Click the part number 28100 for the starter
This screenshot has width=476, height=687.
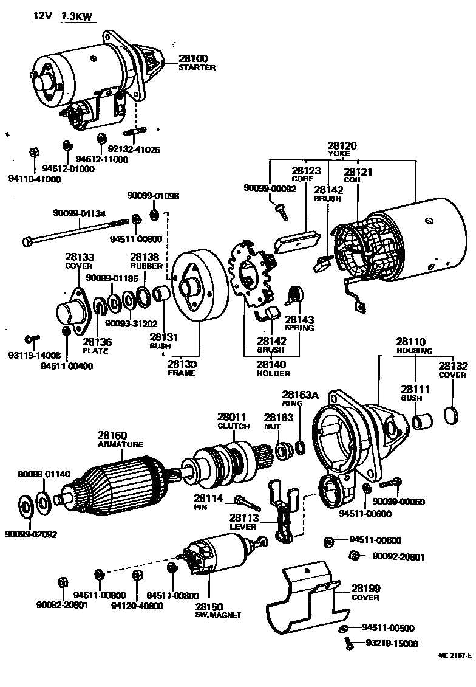[x=193, y=58]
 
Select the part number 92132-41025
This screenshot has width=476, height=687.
[x=135, y=149]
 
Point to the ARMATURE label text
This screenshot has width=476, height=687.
[x=120, y=444]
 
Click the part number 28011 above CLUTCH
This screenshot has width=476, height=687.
[x=233, y=417]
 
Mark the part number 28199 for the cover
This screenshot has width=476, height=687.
[x=365, y=588]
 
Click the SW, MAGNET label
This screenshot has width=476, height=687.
[x=218, y=615]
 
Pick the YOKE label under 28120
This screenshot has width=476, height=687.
[x=342, y=154]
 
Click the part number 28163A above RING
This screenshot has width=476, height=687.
[x=300, y=395]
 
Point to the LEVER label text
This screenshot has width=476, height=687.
[x=243, y=526]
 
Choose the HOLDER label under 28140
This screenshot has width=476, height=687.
[x=273, y=373]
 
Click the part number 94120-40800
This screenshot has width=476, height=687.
[x=137, y=606]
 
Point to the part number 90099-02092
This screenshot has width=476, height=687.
[x=30, y=534]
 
